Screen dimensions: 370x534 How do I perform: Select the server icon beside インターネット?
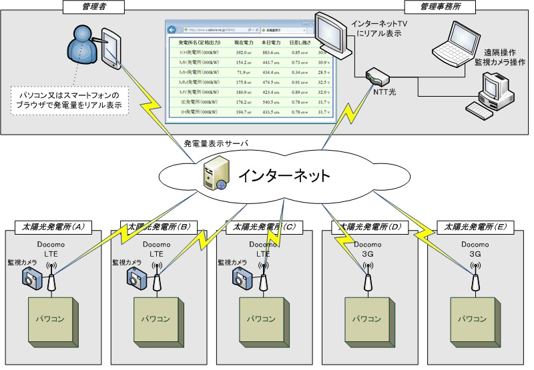pyautogui.click(x=214, y=177)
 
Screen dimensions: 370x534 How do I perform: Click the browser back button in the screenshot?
pyautogui.click(x=172, y=29)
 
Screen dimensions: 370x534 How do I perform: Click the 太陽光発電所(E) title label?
pyautogui.click(x=472, y=227)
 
